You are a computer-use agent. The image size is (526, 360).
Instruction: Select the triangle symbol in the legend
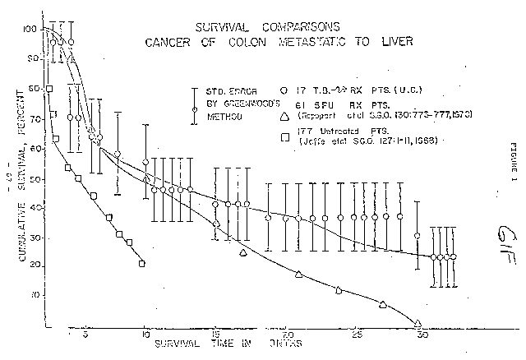click(x=282, y=116)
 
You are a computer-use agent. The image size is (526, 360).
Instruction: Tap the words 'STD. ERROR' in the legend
click(x=212, y=92)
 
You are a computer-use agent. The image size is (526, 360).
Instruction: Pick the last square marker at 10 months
click(x=142, y=264)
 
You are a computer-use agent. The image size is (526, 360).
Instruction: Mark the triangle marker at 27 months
click(x=383, y=304)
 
